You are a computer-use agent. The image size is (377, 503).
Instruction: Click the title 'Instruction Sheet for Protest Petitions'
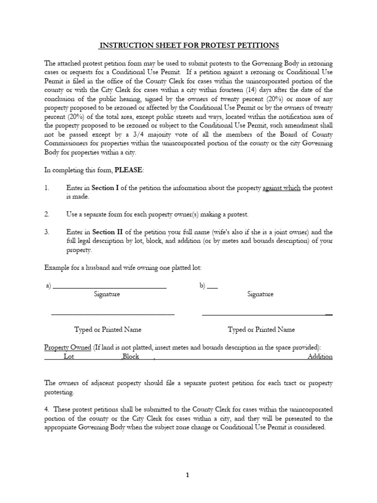[x=189, y=46]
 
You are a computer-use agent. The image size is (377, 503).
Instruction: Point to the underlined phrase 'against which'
[x=281, y=188]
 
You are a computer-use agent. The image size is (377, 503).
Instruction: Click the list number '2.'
[x=47, y=215]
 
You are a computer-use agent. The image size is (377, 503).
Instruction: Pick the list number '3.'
[x=47, y=232]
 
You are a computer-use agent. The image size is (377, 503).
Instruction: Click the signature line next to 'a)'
[x=109, y=287]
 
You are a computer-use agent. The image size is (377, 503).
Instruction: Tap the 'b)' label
[x=203, y=286]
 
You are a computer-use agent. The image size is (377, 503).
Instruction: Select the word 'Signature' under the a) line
[x=107, y=294]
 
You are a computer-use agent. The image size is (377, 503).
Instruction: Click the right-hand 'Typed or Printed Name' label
[x=261, y=330]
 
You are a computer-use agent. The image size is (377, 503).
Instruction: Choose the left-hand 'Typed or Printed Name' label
[x=108, y=330]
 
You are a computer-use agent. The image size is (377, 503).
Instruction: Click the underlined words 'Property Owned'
[x=68, y=347]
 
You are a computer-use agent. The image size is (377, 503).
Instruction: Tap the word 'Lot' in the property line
[x=69, y=357]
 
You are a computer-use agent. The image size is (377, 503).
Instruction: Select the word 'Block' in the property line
[x=131, y=357]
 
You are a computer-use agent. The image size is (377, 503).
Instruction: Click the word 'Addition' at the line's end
[x=320, y=357]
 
